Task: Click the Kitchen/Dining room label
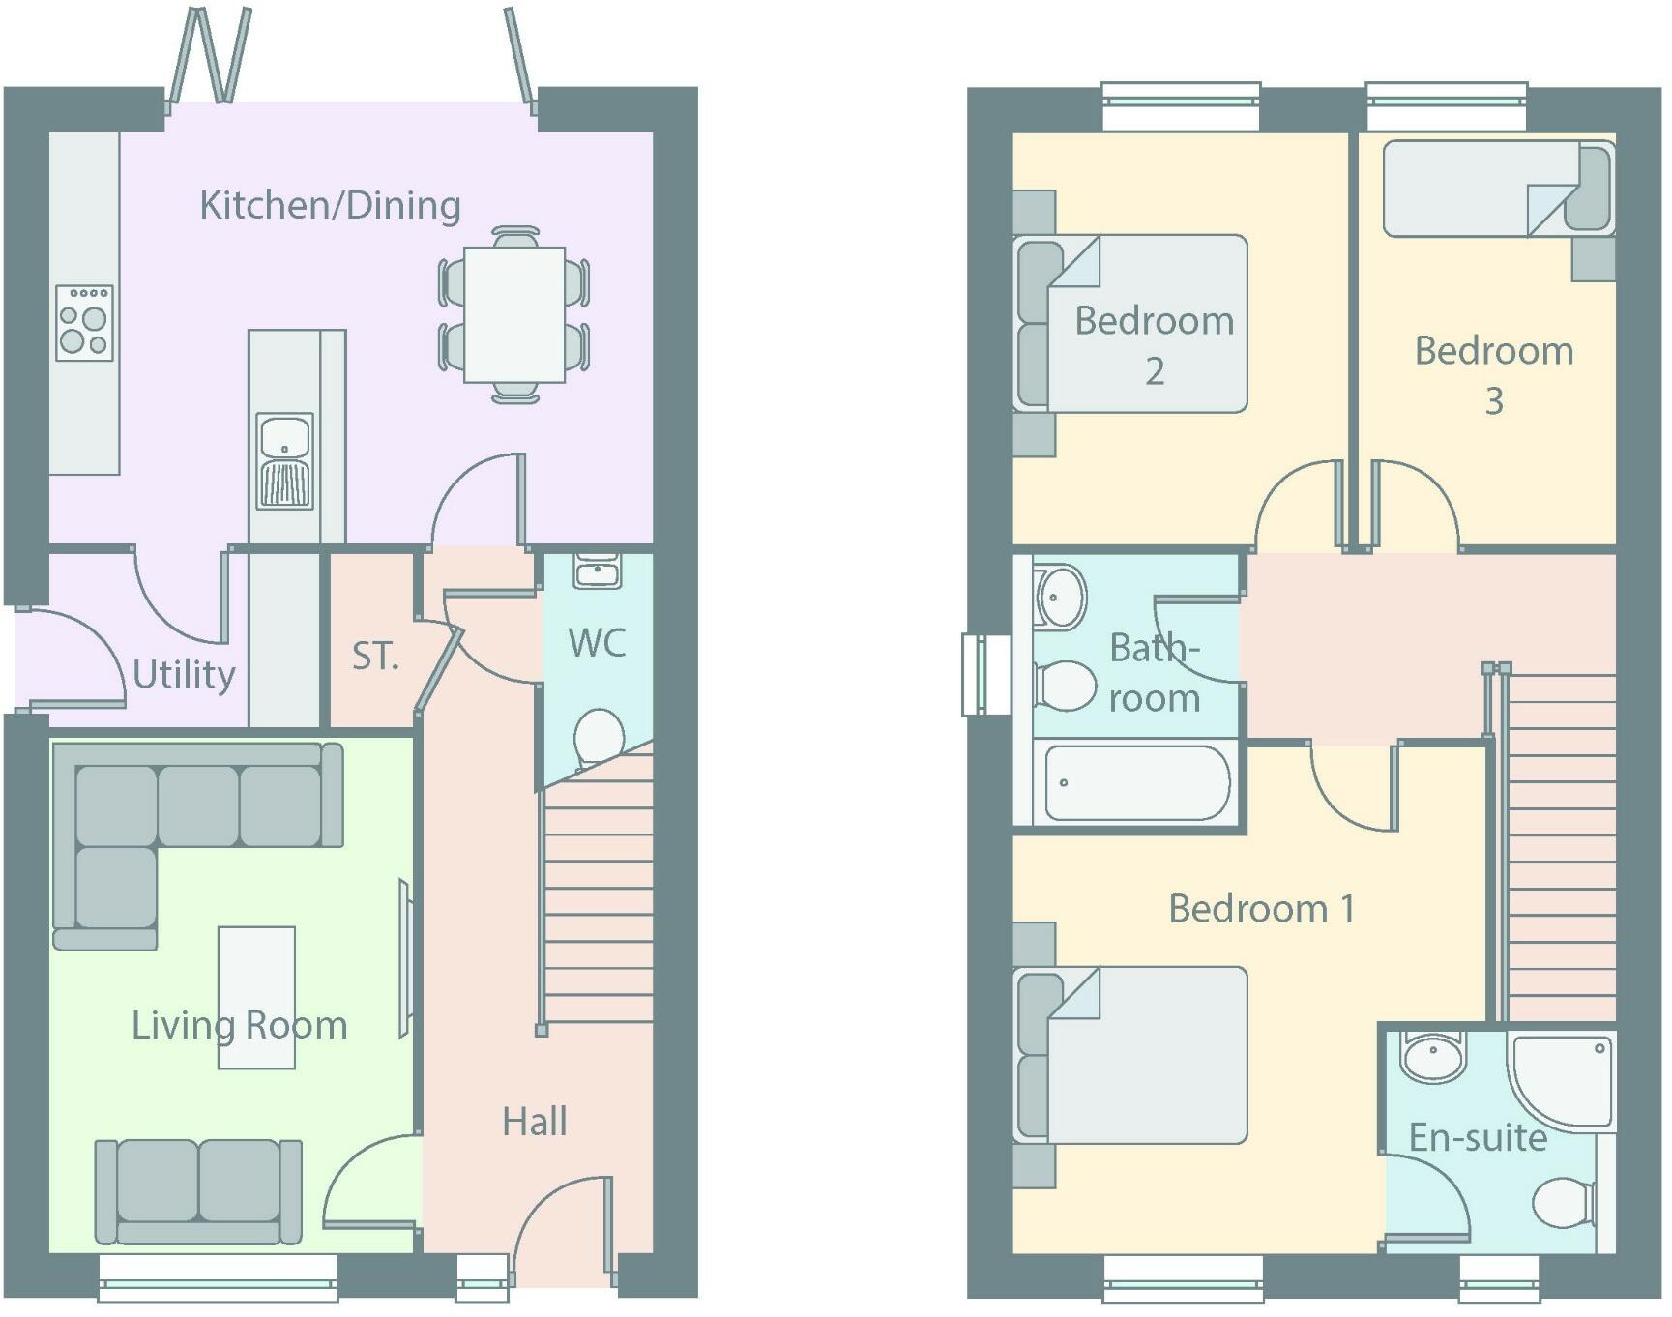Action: click(x=330, y=205)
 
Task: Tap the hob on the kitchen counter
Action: click(x=84, y=323)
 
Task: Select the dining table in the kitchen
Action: click(x=514, y=314)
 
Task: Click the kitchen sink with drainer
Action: click(x=284, y=461)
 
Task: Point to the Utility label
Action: click(x=184, y=674)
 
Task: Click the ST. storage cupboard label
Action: click(x=375, y=656)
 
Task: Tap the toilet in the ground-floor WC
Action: click(x=600, y=738)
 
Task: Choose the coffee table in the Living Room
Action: click(x=256, y=997)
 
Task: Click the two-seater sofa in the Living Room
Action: click(x=198, y=1191)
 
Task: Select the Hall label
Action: click(x=534, y=1122)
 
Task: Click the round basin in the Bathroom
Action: click(x=1061, y=597)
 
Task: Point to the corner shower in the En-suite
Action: click(x=1562, y=1081)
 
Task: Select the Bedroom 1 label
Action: click(x=1261, y=909)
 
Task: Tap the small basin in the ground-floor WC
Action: click(x=598, y=571)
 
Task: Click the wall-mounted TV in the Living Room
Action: click(x=406, y=958)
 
